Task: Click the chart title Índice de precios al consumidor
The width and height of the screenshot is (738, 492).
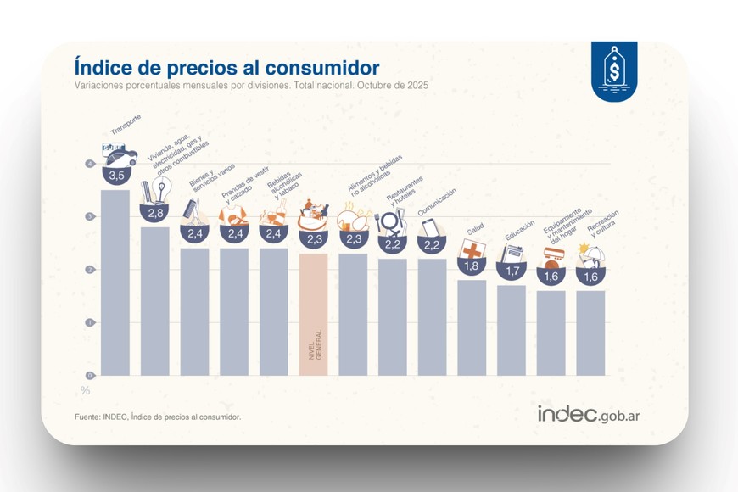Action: click(226, 67)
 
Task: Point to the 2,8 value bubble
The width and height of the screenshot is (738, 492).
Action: click(154, 213)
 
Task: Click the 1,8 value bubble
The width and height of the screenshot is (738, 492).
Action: click(472, 266)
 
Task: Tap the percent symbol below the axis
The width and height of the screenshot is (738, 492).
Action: click(85, 390)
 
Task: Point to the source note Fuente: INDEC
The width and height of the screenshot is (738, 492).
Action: click(158, 417)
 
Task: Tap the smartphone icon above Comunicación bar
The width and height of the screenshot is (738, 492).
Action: click(431, 227)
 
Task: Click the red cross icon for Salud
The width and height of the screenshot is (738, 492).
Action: click(472, 249)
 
